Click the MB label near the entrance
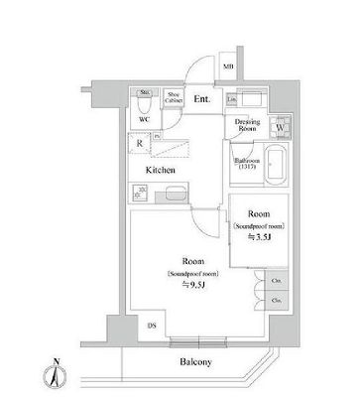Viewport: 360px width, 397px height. (x=228, y=68)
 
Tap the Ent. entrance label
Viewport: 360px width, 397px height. (x=201, y=98)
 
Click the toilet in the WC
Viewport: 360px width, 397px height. (x=145, y=102)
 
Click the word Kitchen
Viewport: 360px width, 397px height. (x=162, y=171)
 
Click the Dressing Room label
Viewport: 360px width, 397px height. (x=247, y=125)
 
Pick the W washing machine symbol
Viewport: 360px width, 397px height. (x=280, y=127)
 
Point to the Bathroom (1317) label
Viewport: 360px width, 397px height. (x=246, y=163)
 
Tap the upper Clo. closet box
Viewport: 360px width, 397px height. (x=276, y=281)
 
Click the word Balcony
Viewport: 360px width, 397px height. (x=195, y=362)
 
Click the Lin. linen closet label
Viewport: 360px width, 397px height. (x=231, y=100)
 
